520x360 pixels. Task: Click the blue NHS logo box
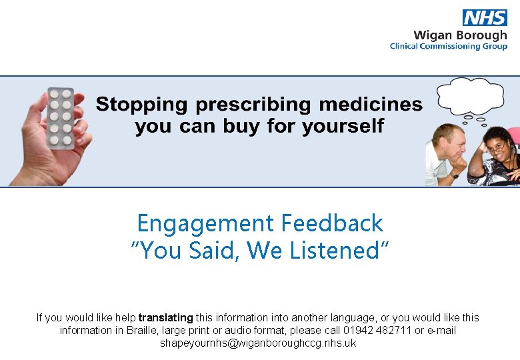(x=485, y=18)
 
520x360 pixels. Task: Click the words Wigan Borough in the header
(x=460, y=35)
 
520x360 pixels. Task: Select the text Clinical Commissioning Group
(x=448, y=46)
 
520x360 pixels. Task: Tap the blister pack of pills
(x=61, y=117)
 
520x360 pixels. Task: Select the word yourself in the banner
(x=347, y=126)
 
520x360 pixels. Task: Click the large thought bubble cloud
(x=469, y=96)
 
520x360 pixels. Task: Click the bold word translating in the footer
(x=165, y=318)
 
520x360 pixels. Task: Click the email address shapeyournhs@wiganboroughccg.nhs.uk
(x=258, y=343)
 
